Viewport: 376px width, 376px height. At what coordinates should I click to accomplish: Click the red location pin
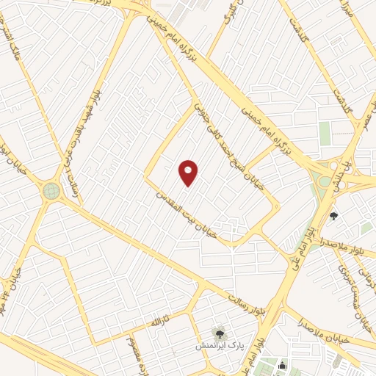(x=189, y=173)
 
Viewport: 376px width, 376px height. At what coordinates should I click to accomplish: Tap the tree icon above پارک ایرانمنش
(x=217, y=333)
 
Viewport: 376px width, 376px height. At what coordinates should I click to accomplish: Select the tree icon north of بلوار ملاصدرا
(x=335, y=216)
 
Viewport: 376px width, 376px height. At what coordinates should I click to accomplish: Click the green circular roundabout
(x=51, y=191)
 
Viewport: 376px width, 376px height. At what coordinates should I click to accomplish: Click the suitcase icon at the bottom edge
(x=283, y=365)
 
